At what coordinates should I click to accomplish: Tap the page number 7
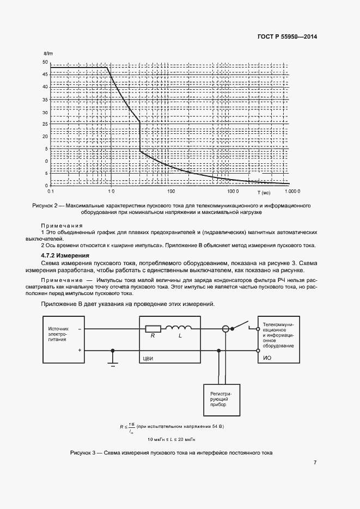point(315,463)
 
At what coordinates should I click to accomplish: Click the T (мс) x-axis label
point(264,192)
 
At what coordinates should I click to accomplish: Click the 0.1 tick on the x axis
point(51,192)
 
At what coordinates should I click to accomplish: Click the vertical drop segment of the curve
point(140,136)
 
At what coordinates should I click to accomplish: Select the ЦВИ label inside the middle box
point(149,359)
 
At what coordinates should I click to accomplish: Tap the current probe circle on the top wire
point(225,329)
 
